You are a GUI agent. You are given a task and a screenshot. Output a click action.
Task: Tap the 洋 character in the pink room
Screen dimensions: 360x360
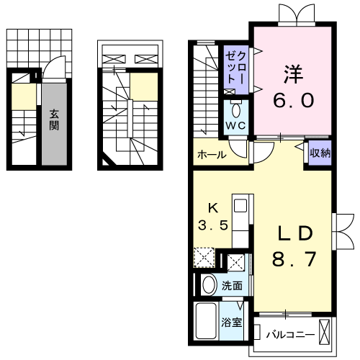coord(292,74)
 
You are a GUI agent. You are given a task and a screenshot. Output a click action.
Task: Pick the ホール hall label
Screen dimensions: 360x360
coord(211,154)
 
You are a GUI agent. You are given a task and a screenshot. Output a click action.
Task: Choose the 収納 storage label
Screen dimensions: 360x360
coord(320,153)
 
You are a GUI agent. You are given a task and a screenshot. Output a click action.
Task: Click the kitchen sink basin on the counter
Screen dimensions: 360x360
coord(240,205)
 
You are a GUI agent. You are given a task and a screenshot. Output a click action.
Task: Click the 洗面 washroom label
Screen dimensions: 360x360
coord(231,285)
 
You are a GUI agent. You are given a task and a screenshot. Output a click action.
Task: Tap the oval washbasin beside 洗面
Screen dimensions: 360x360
coord(209,285)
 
